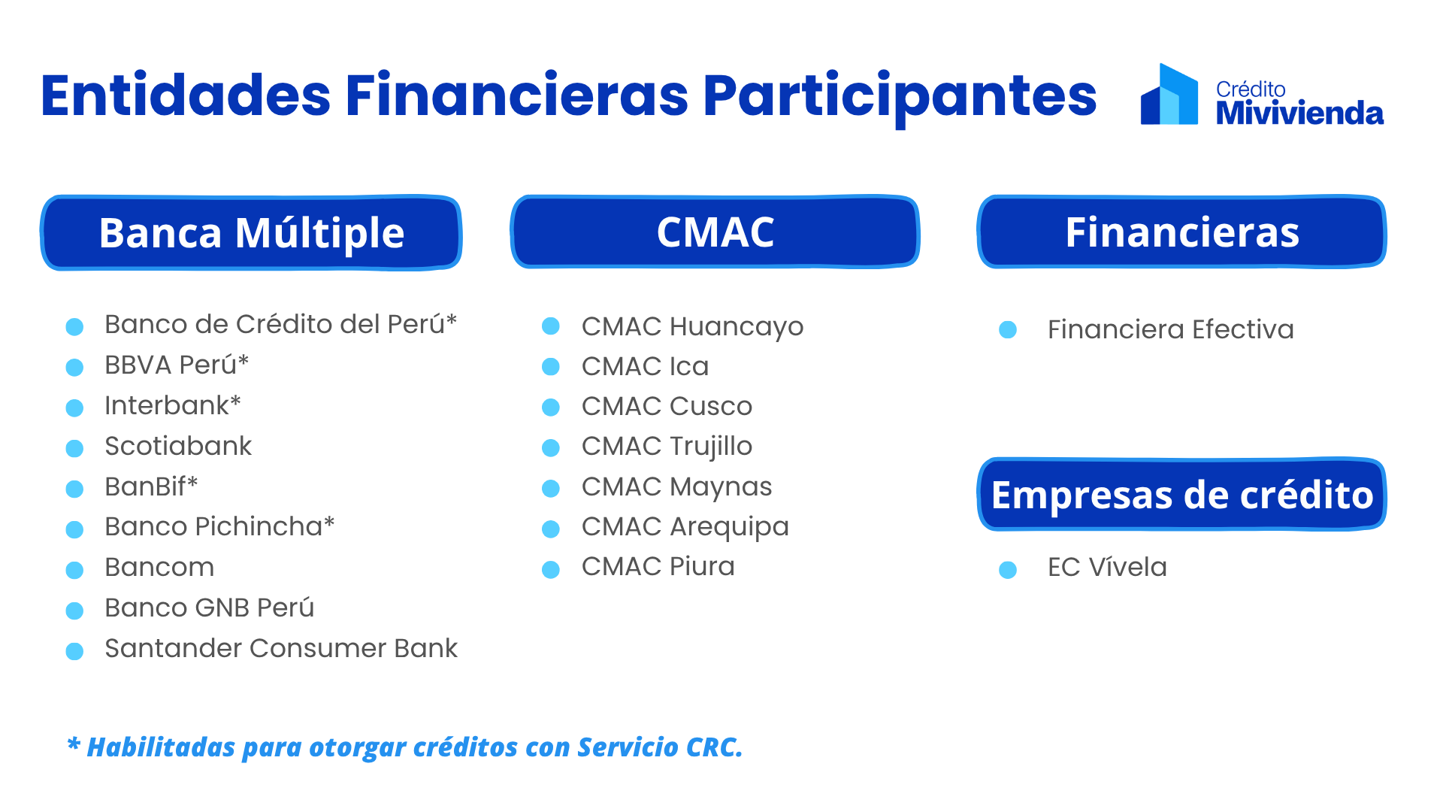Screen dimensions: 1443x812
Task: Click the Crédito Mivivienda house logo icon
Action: [1169, 95]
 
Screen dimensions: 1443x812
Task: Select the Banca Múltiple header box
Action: [251, 232]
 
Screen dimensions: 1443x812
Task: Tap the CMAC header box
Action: [715, 232]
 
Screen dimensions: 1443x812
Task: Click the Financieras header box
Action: [1182, 232]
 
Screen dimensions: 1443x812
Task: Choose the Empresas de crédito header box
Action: [1182, 494]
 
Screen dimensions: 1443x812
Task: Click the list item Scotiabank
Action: [178, 446]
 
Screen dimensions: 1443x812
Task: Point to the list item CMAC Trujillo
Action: [667, 447]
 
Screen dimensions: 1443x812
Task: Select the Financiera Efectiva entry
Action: [1170, 329]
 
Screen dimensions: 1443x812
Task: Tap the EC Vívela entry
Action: [1107, 567]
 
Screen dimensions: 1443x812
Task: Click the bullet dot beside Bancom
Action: [74, 570]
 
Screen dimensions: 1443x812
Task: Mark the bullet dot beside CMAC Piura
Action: [551, 569]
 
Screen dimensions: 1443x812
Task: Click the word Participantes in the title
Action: [900, 96]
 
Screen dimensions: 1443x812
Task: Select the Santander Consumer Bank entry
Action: [281, 648]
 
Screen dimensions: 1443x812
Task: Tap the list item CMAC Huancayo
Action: [692, 327]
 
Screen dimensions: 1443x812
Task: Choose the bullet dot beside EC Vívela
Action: [1008, 570]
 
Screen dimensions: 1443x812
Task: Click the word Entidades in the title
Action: [186, 95]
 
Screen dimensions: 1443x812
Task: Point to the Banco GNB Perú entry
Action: [210, 607]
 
